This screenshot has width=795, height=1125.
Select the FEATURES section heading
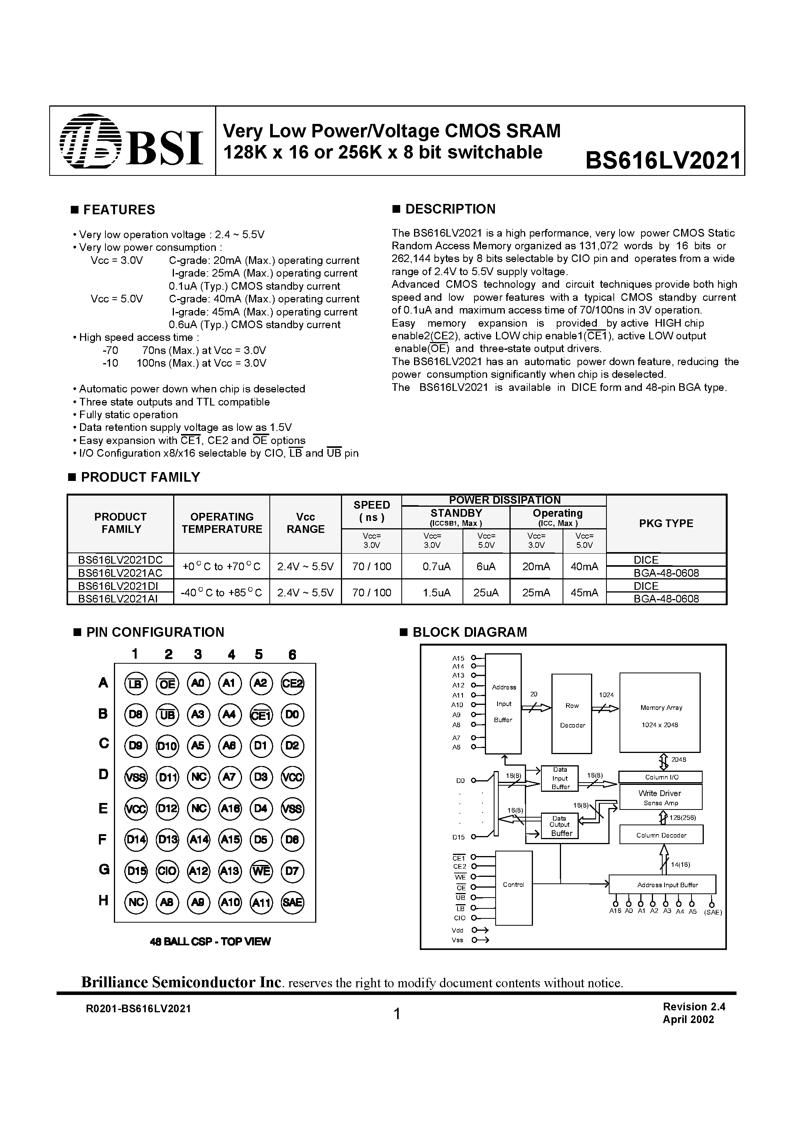click(x=119, y=210)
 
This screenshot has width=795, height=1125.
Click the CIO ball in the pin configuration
click(x=167, y=871)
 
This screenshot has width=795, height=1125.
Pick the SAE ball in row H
click(x=292, y=902)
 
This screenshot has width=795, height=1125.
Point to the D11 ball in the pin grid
click(x=167, y=777)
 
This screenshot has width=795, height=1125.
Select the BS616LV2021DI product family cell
click(x=120, y=586)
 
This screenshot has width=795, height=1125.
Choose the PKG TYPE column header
click(x=666, y=523)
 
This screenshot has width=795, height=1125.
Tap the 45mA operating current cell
click(x=584, y=593)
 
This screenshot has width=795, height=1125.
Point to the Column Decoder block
click(x=661, y=835)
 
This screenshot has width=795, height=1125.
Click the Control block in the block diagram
click(x=513, y=885)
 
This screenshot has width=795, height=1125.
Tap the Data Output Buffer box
click(x=560, y=826)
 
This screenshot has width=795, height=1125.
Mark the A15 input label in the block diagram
click(x=458, y=658)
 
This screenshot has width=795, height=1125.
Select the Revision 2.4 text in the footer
click(x=693, y=1007)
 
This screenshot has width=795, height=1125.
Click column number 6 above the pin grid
click(x=292, y=654)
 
